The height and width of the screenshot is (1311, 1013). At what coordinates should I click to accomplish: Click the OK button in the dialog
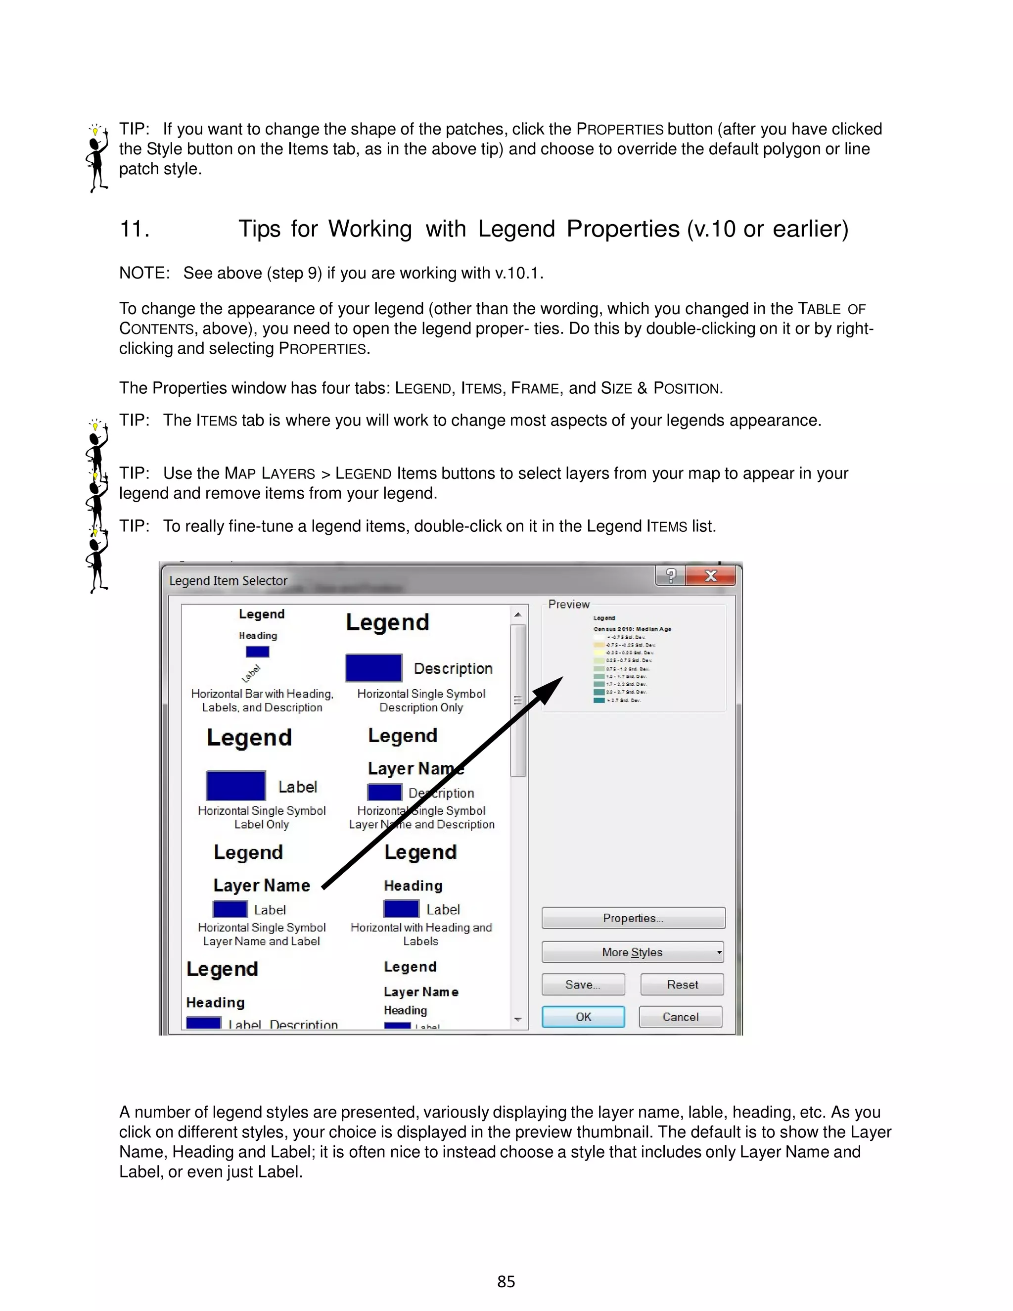(583, 1017)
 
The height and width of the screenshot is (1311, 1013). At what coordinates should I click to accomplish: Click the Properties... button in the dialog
(633, 918)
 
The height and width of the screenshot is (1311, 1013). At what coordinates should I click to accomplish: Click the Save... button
(583, 984)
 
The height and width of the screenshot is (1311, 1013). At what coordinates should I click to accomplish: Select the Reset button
(682, 984)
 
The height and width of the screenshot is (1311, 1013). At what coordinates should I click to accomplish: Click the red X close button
(711, 576)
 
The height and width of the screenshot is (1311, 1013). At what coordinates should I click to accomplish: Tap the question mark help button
(671, 576)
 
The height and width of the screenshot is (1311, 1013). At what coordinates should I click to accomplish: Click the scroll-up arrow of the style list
(518, 614)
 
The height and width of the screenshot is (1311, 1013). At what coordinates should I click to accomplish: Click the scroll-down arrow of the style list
(518, 1019)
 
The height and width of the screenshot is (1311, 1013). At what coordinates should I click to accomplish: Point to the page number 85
(506, 1282)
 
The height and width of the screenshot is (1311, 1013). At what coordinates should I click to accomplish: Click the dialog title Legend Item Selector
(228, 580)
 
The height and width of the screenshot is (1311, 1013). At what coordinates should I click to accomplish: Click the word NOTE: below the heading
(144, 273)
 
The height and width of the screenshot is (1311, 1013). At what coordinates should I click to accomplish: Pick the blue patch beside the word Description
(373, 667)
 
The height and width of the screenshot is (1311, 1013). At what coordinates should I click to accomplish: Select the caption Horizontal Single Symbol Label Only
(262, 817)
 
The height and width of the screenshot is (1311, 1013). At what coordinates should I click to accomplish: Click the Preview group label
(568, 605)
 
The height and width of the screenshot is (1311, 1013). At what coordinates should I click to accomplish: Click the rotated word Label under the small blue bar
(251, 673)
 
